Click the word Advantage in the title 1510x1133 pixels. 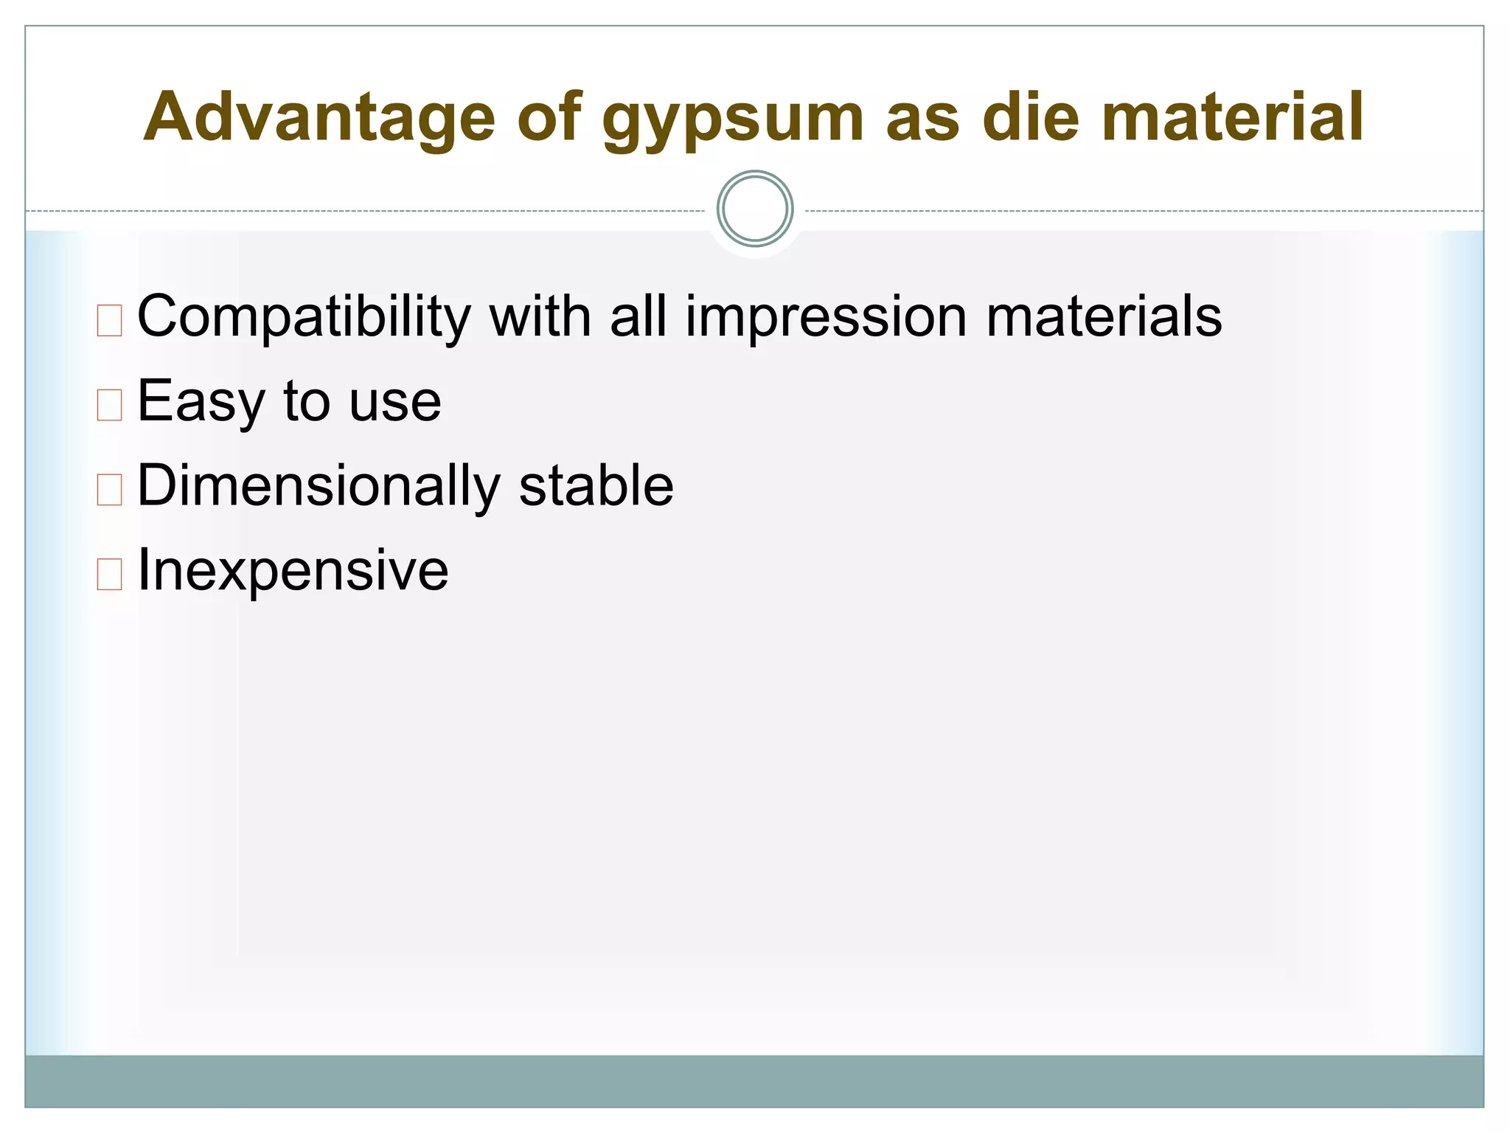pos(319,117)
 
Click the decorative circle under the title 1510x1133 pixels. pos(755,209)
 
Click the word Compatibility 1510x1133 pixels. pos(304,317)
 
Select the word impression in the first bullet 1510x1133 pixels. pos(826,317)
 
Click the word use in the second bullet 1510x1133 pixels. pos(395,403)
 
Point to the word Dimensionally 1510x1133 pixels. pos(319,487)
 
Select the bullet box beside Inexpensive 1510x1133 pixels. pos(109,575)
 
